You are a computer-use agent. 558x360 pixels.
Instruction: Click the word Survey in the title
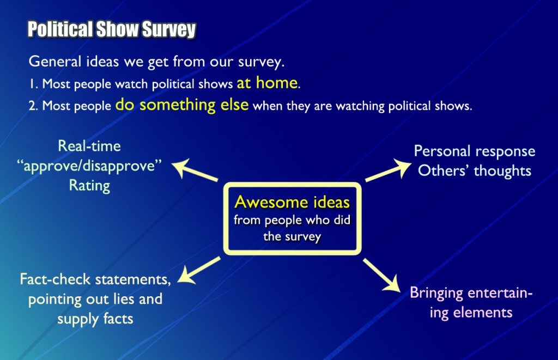coord(169,29)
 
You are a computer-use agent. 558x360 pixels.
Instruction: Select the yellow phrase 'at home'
coord(267,83)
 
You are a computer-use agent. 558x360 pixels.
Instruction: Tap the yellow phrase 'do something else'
coord(182,105)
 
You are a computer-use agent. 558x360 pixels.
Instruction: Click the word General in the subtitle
coord(55,61)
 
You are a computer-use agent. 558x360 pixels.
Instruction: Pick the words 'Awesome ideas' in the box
coord(292,202)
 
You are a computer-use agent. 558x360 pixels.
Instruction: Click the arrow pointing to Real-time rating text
coord(195,169)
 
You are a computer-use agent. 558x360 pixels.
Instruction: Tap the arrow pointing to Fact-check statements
coord(198,270)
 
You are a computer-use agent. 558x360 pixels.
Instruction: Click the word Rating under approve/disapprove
coord(89,186)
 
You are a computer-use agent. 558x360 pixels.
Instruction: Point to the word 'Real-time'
coord(89,146)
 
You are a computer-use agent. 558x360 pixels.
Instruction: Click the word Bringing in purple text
coord(436,293)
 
